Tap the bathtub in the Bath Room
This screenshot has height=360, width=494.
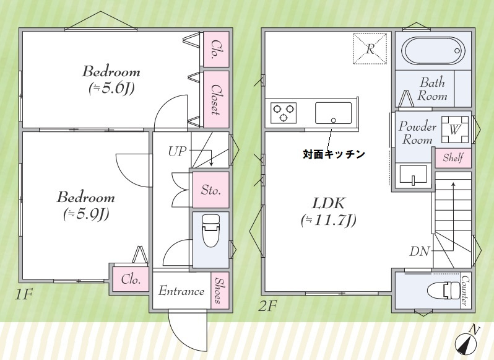point(432,50)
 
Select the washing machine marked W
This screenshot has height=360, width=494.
point(455,130)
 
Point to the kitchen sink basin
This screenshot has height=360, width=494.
point(333,113)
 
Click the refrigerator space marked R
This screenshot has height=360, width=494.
point(369,48)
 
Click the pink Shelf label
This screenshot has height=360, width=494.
point(453,158)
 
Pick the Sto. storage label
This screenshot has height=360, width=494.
point(210,190)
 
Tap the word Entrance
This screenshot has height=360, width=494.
point(181,291)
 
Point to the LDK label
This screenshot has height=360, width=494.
point(328,203)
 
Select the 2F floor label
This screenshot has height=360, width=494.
point(268,305)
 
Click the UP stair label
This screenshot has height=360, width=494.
point(177,151)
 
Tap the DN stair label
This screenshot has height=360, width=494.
point(419,251)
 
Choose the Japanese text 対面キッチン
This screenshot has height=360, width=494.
point(333,153)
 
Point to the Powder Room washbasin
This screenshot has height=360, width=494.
point(410,175)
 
